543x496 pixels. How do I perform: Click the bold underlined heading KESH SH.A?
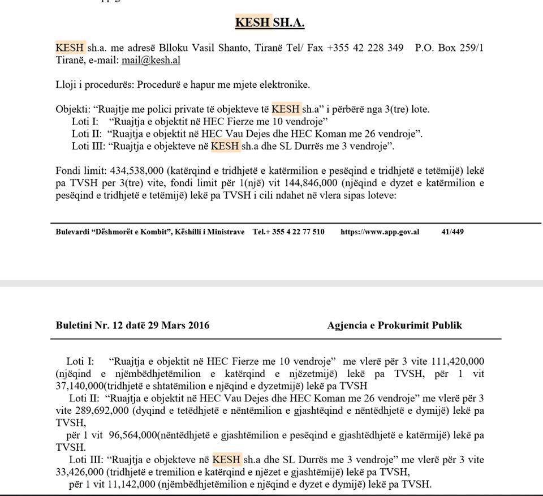(270, 23)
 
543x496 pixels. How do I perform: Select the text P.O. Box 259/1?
(449, 48)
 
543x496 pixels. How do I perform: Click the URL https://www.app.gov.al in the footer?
(380, 232)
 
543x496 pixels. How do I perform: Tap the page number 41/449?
(453, 232)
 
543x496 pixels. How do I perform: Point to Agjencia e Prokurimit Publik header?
(394, 325)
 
